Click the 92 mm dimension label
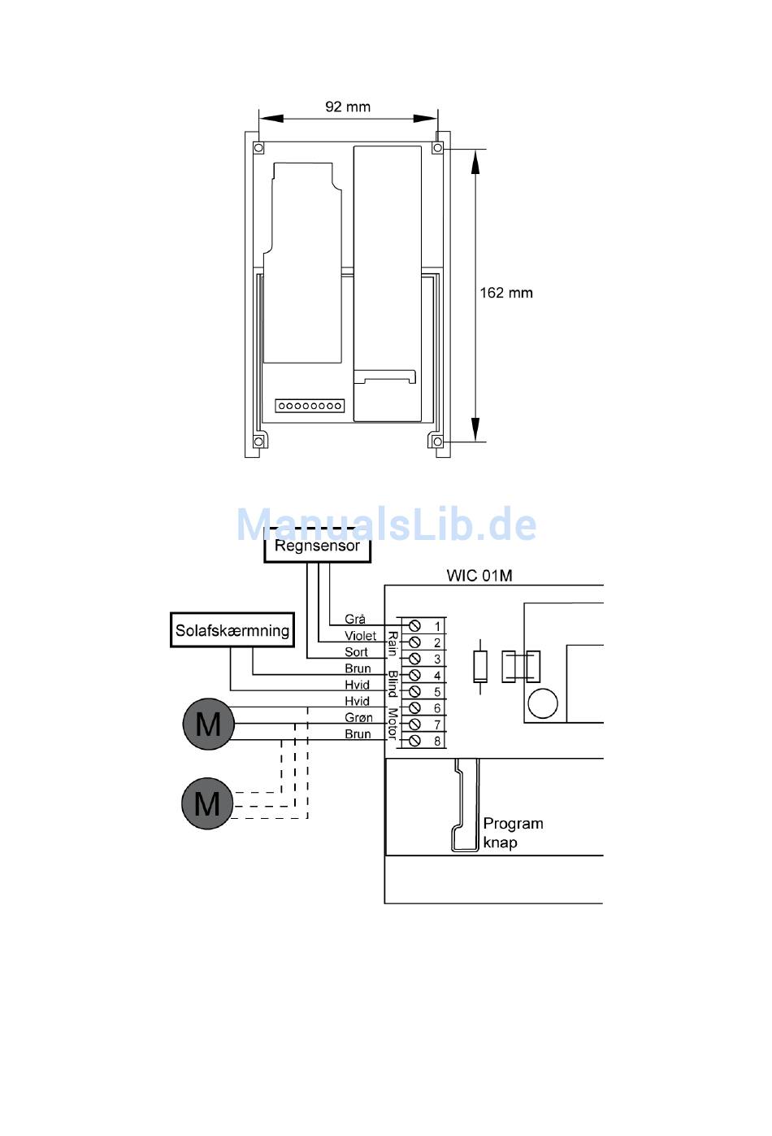pos(348,107)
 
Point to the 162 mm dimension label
pos(506,293)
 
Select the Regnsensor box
pos(317,546)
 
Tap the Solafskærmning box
pos(232,630)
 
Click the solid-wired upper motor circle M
pos(208,724)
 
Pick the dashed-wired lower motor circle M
pos(206,804)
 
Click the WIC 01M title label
pos(479,576)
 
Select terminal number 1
pos(437,626)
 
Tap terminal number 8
pos(437,741)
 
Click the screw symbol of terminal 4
pos(414,675)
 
